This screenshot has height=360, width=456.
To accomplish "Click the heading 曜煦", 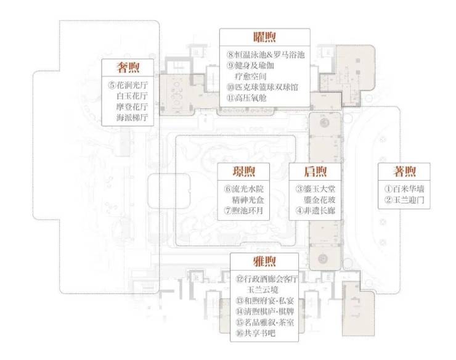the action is point(264,37).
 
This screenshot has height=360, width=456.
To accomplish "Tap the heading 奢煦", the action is point(128,68).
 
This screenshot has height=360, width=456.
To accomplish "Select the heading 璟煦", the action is point(243,171).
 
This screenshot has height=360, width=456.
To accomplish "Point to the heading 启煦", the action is point(316,171).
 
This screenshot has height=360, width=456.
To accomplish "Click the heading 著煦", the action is point(404,171).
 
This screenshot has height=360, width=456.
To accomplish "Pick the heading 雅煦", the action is point(264,261).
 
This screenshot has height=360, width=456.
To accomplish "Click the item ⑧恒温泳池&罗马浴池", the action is point(266,55).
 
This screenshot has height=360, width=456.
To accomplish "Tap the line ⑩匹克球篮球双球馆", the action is point(263,88).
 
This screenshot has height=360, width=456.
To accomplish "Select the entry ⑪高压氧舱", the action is point(246,98).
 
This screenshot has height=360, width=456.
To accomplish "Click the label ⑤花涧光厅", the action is point(128,85).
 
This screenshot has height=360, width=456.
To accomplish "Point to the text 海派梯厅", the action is point(132,118).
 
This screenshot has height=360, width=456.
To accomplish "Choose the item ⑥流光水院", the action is point(243,189).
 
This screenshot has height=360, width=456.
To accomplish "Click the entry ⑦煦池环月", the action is point(243,210).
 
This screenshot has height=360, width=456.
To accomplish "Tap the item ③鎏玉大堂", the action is point(316,189).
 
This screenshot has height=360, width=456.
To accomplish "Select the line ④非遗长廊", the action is point(316,210).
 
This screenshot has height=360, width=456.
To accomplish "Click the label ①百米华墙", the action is point(404,189).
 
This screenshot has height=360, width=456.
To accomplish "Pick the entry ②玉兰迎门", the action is point(404,200).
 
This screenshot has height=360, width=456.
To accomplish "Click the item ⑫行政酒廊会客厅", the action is point(267,279).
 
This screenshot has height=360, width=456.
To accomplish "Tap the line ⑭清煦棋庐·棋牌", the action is point(265,312).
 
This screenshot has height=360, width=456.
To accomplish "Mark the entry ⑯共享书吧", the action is point(256,333).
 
